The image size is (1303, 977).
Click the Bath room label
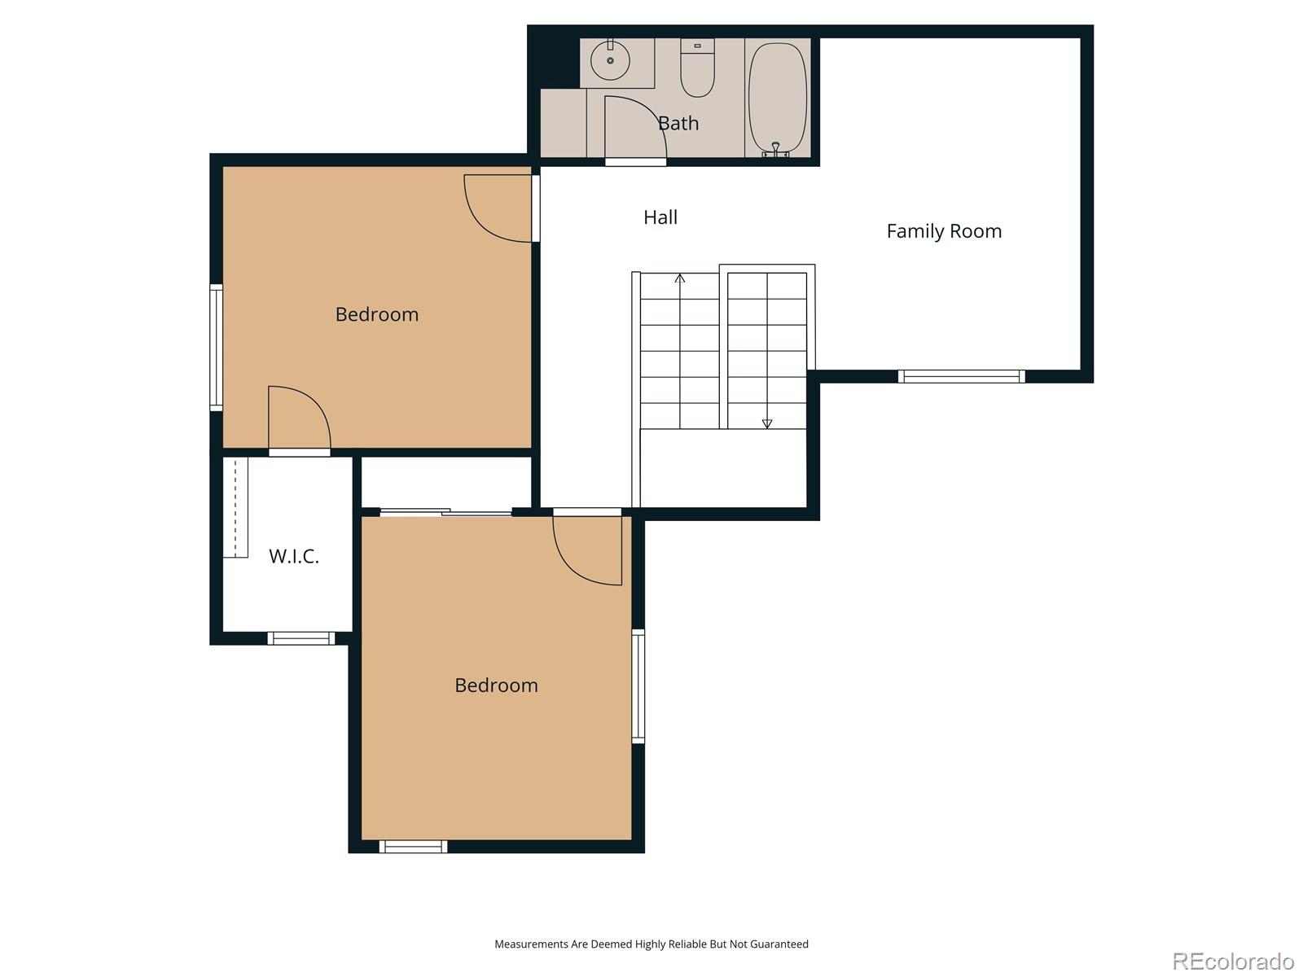[678, 123]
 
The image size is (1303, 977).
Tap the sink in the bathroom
[610, 61]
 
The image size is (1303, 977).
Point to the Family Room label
[944, 231]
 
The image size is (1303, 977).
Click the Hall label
[660, 217]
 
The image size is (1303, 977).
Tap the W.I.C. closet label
[293, 557]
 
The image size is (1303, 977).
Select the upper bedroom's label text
[376, 314]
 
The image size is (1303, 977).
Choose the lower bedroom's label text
[496, 686]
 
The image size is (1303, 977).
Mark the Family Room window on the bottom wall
[961, 376]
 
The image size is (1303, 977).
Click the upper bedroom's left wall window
[216, 347]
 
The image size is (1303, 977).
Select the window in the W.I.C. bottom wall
[301, 638]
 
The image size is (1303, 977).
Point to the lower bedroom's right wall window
[638, 686]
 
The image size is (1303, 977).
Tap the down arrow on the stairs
[766, 423]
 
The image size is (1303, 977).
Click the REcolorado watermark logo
[1233, 962]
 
